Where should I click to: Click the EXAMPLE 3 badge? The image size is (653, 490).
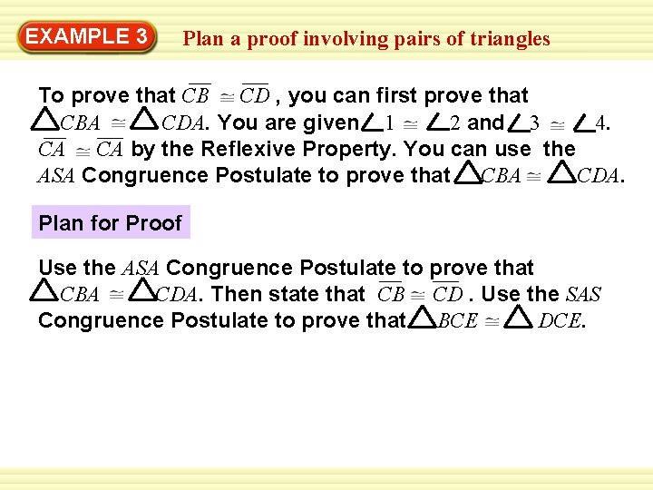pos(87,37)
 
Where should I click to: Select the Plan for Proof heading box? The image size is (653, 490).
pos(111,223)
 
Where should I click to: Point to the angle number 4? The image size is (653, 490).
pos(601,122)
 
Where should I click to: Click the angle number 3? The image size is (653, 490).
pos(535,122)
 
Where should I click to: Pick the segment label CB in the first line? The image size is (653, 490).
pos(195,96)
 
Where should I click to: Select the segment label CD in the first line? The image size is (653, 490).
pos(255,96)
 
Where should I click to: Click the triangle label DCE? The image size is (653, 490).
pos(560,320)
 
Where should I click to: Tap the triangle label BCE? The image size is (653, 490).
pos(457,320)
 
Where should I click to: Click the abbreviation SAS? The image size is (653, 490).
pos(582,294)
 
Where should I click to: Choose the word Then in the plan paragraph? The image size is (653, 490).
pos(235,294)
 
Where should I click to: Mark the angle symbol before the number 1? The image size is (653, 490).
pos(371,122)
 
